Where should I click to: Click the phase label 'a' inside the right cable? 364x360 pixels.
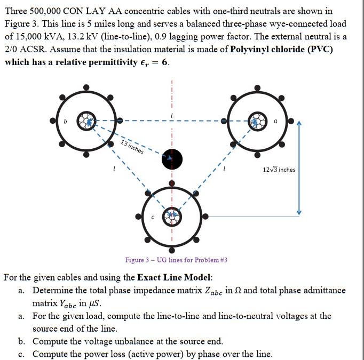pos(275,122)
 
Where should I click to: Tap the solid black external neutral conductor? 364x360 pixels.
pos(172,158)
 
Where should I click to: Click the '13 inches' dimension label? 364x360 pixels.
pos(132,147)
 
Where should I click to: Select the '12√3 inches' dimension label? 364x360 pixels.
pos(279,170)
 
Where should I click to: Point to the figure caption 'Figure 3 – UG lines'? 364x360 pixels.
pos(176,260)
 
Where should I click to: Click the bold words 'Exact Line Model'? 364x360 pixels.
pos(175,277)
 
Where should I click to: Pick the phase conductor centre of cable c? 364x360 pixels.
pos(172,215)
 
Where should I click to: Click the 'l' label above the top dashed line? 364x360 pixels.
pos(172,116)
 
